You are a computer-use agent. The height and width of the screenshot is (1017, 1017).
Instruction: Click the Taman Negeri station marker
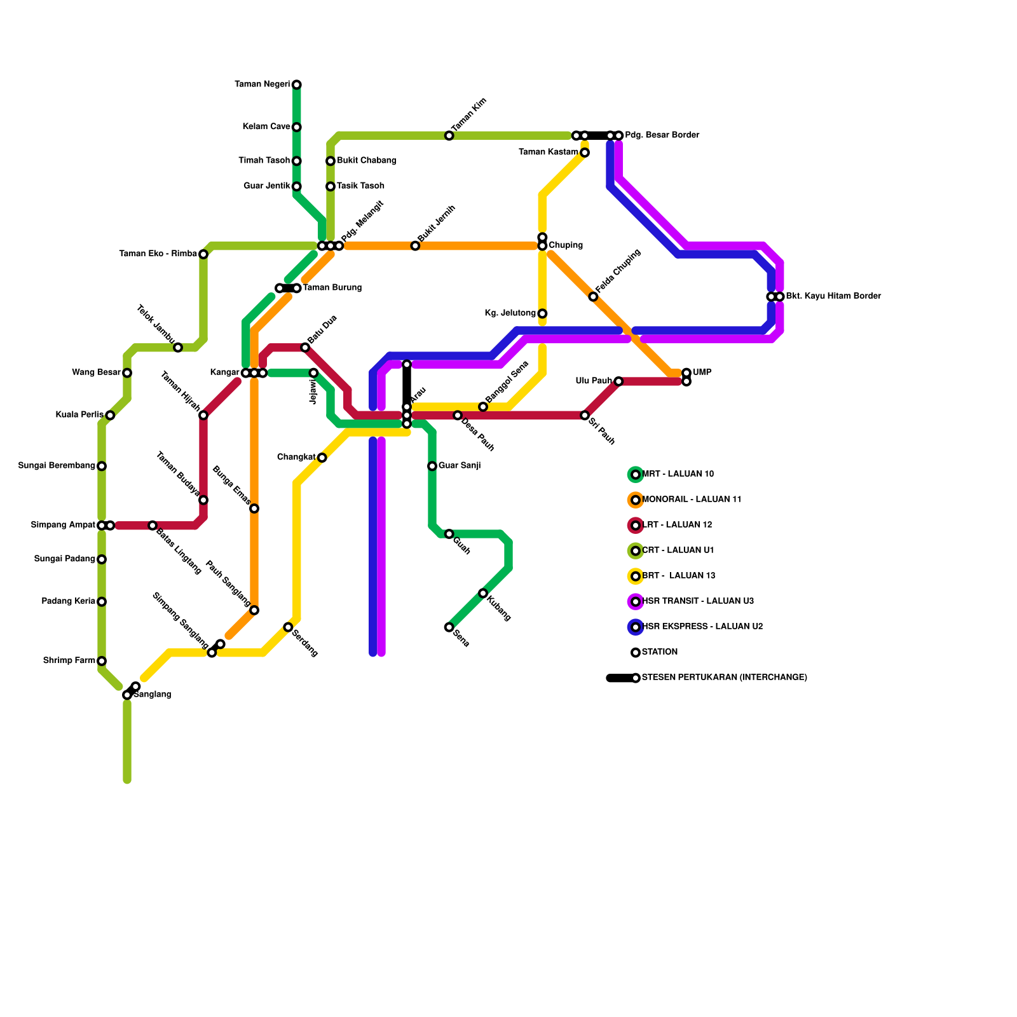coord(297,85)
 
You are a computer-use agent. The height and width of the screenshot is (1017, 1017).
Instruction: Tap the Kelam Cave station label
coord(266,127)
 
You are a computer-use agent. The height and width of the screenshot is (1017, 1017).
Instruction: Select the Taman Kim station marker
coord(449,135)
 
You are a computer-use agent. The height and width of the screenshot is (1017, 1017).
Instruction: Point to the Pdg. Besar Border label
coord(662,135)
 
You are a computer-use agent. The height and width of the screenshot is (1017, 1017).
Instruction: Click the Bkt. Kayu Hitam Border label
coord(833,296)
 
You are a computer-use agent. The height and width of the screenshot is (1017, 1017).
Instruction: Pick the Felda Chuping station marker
coord(593,297)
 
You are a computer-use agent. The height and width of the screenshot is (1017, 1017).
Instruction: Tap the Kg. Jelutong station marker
coord(542,313)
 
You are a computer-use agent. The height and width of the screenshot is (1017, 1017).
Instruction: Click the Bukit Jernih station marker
coord(415,246)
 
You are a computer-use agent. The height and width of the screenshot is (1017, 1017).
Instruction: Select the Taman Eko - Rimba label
coord(158,254)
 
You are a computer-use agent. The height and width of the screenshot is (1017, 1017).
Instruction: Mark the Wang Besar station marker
coord(127,373)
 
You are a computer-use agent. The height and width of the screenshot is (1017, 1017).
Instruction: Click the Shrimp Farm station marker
coord(102,661)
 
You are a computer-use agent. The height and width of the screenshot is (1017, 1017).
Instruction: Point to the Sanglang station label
coord(153,695)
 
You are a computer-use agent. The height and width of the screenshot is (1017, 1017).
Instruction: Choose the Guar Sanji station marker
coord(432,466)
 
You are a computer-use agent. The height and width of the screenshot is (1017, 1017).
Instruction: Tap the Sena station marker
coord(449,627)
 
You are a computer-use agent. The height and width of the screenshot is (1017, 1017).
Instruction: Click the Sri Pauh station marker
coord(585,415)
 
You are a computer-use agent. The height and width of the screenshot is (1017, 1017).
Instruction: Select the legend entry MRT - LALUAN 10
coord(678,474)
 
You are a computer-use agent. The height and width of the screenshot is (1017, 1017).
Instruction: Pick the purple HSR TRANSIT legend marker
coord(636,601)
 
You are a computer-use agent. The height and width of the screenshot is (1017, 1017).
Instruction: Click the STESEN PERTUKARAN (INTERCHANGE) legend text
coord(725,678)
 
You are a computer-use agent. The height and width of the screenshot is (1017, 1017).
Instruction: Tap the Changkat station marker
coord(322,458)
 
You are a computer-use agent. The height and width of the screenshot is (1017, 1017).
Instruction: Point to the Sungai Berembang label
coord(57,466)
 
